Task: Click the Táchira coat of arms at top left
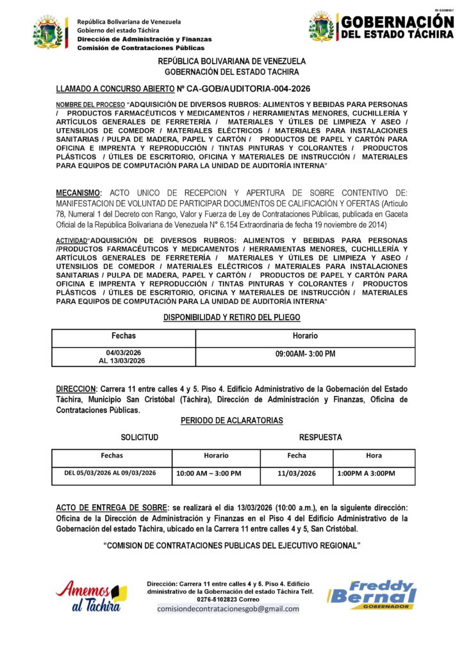49,32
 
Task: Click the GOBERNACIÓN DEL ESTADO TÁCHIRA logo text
397,27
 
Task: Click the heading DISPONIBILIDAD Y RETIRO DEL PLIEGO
231,317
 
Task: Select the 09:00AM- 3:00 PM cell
305,354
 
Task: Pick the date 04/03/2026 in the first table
124,352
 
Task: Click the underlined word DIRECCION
76,389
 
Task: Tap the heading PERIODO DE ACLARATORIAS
231,420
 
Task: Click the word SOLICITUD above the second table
139,438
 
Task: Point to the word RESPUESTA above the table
320,438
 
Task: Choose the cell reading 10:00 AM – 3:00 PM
208,473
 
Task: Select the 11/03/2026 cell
297,473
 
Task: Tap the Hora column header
374,455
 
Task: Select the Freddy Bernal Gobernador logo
372,595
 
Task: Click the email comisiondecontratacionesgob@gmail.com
228,609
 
